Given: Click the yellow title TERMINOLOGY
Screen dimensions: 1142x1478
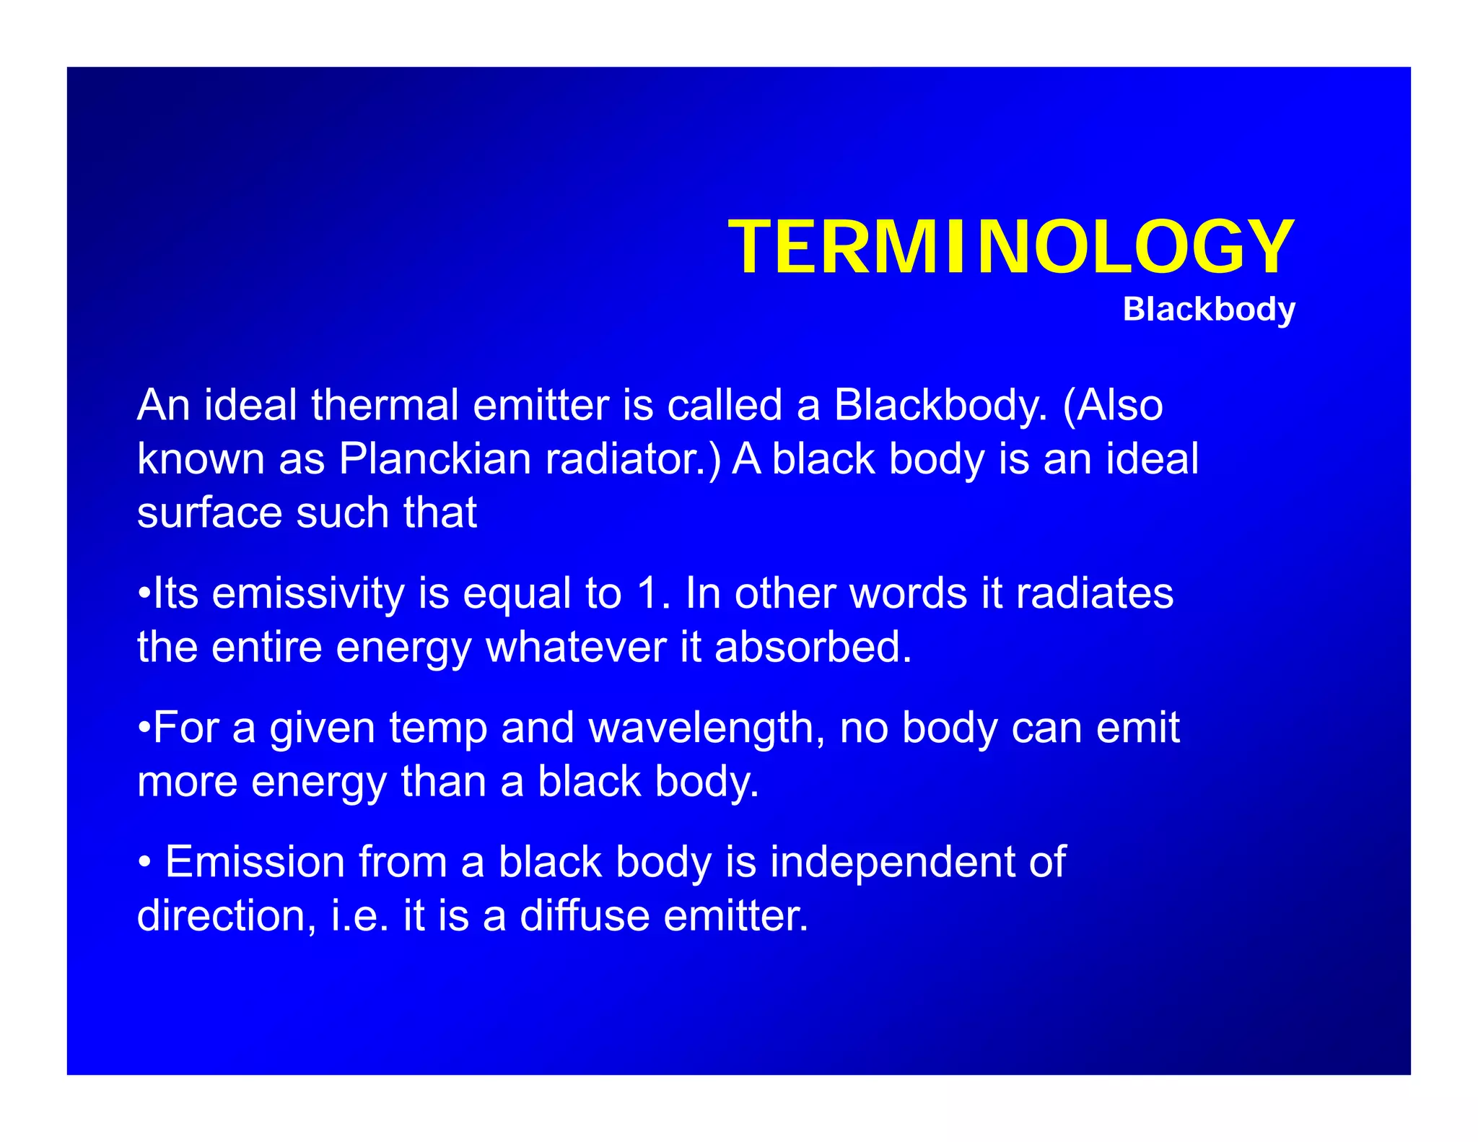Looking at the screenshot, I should pyautogui.click(x=1011, y=248).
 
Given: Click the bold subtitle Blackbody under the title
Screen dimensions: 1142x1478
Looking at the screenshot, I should pyautogui.click(x=1209, y=310).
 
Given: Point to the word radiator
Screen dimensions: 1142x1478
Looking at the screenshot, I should pyautogui.click(x=633, y=459).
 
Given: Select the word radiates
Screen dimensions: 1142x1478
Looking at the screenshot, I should pyautogui.click(x=1094, y=594).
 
